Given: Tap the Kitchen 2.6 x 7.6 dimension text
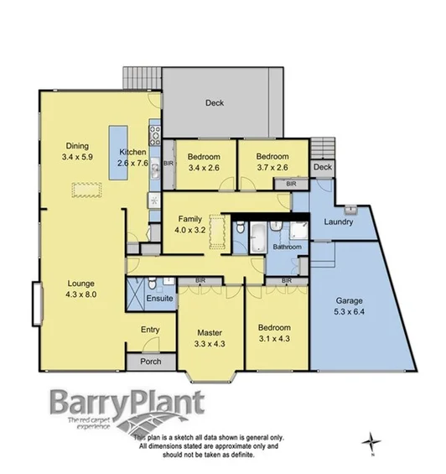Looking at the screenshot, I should pyautogui.click(x=132, y=164).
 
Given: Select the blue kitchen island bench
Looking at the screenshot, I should pyautogui.click(x=116, y=152).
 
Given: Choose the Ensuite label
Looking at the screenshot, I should pyautogui.click(x=158, y=298).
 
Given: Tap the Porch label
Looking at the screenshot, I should pyautogui.click(x=150, y=362).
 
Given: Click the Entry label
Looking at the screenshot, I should pyautogui.click(x=150, y=330).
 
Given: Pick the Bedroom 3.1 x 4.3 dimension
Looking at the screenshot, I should pyautogui.click(x=274, y=338).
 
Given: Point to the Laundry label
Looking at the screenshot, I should pyautogui.click(x=338, y=222).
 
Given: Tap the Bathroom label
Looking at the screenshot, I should pyautogui.click(x=286, y=247).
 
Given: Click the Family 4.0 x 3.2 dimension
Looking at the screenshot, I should pyautogui.click(x=189, y=229).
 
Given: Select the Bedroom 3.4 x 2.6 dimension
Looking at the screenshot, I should pyautogui.click(x=204, y=168).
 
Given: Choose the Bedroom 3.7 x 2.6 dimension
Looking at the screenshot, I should pyautogui.click(x=272, y=168).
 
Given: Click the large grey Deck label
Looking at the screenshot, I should pyautogui.click(x=215, y=104).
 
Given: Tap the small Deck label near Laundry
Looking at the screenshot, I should pyautogui.click(x=323, y=167).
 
